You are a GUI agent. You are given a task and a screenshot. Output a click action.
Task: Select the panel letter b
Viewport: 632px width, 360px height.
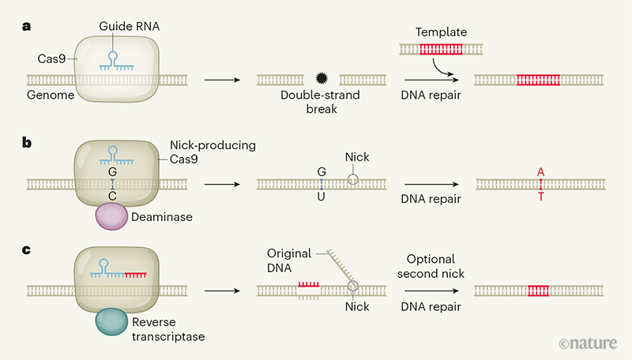click(x=27, y=144)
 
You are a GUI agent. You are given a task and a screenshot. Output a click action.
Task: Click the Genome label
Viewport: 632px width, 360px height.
click(x=48, y=95)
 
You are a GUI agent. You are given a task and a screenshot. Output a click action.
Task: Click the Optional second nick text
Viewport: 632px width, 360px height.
click(x=432, y=266)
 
